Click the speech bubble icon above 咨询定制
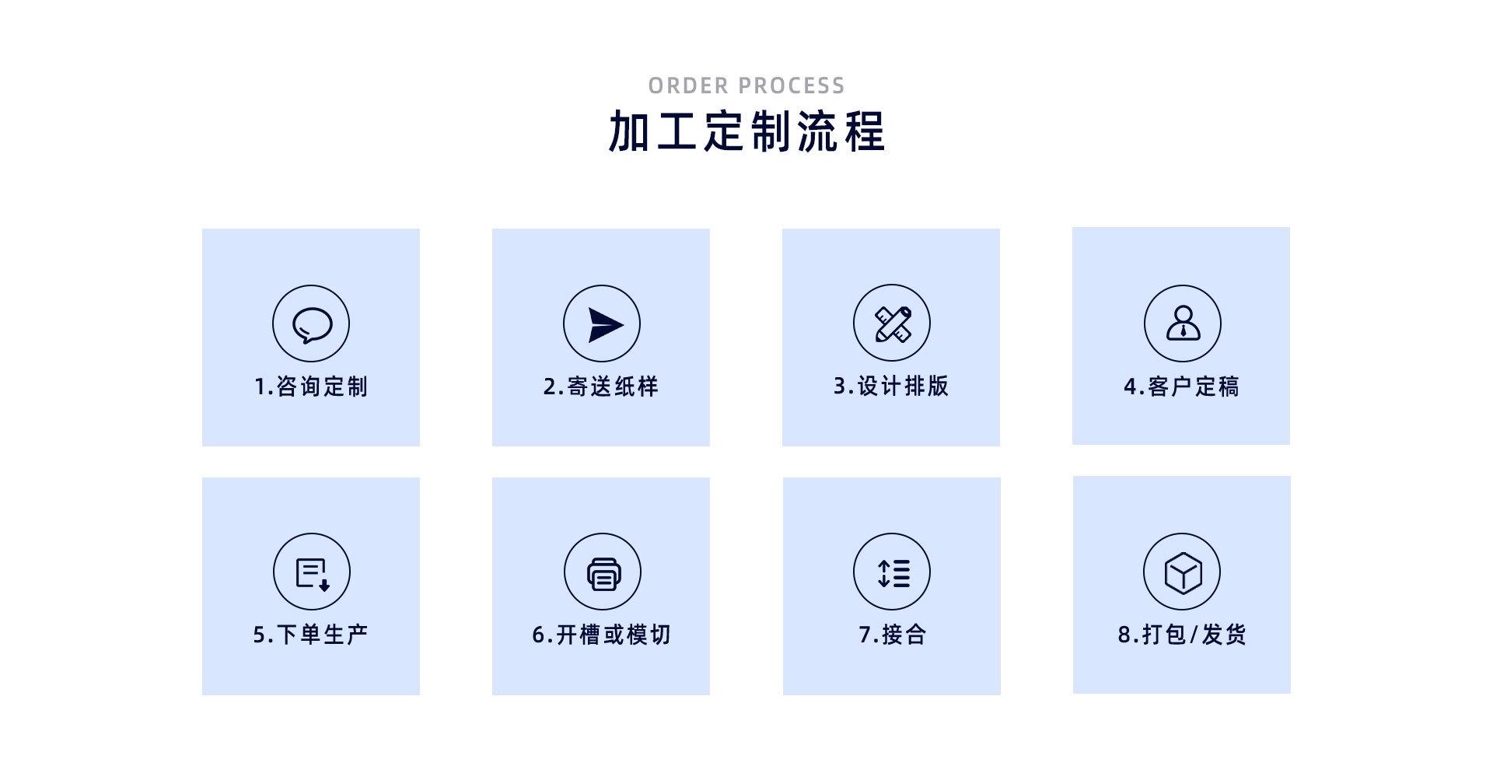click(x=311, y=324)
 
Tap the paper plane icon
click(x=602, y=324)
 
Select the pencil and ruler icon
click(x=892, y=324)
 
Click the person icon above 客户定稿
click(x=1182, y=324)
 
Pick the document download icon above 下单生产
click(x=312, y=572)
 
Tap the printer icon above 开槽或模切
click(x=603, y=572)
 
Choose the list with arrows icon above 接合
click(x=892, y=572)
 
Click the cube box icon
click(x=1182, y=572)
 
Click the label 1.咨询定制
click(x=311, y=386)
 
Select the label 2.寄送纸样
click(x=601, y=386)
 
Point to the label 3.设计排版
click(x=891, y=386)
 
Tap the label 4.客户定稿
click(x=1181, y=386)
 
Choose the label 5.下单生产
click(x=311, y=635)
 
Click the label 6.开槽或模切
click(x=601, y=635)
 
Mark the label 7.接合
click(x=892, y=635)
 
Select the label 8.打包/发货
click(x=1182, y=635)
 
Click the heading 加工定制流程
click(x=746, y=131)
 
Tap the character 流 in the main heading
click(x=816, y=131)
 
